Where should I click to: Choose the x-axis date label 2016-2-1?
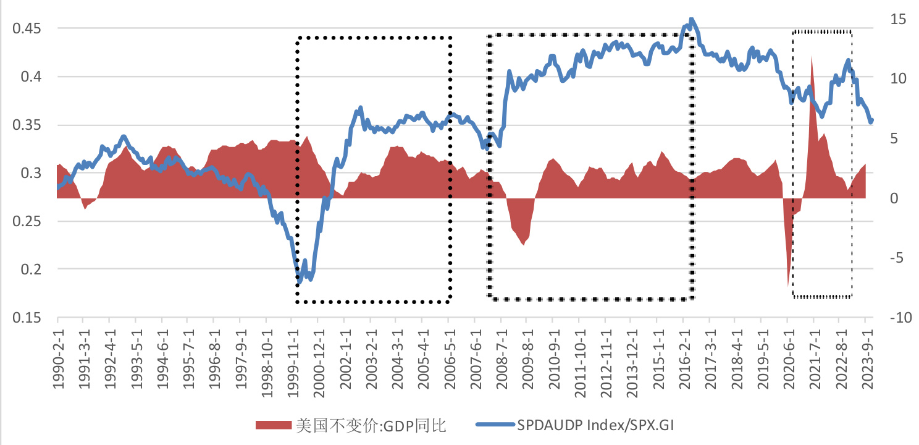point(683,357)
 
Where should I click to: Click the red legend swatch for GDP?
point(272,425)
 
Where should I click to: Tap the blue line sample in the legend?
point(495,425)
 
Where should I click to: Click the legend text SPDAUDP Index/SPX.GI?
point(599,425)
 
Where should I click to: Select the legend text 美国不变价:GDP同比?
point(371,425)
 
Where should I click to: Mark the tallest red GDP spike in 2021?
point(812,57)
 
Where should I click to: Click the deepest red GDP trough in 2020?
point(789,285)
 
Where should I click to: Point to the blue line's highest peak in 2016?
point(691,19)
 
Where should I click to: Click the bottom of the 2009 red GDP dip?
point(524,245)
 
